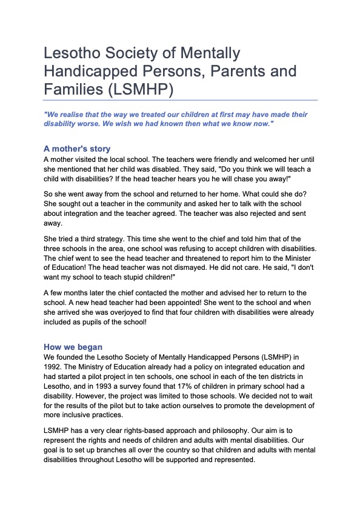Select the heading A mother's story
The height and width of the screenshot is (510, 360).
click(77, 148)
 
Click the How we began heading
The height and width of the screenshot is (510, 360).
click(73, 347)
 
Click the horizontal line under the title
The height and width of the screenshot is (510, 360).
click(180, 100)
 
